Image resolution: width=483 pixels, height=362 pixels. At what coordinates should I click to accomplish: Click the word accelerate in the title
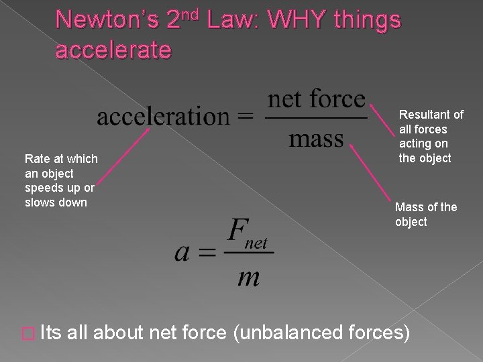coord(114,50)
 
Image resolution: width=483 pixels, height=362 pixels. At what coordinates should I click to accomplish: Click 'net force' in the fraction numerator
coord(317,101)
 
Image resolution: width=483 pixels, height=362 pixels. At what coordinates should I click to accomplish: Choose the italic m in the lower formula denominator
coord(248,276)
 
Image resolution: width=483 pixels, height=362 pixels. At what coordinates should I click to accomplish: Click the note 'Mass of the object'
coord(425,215)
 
